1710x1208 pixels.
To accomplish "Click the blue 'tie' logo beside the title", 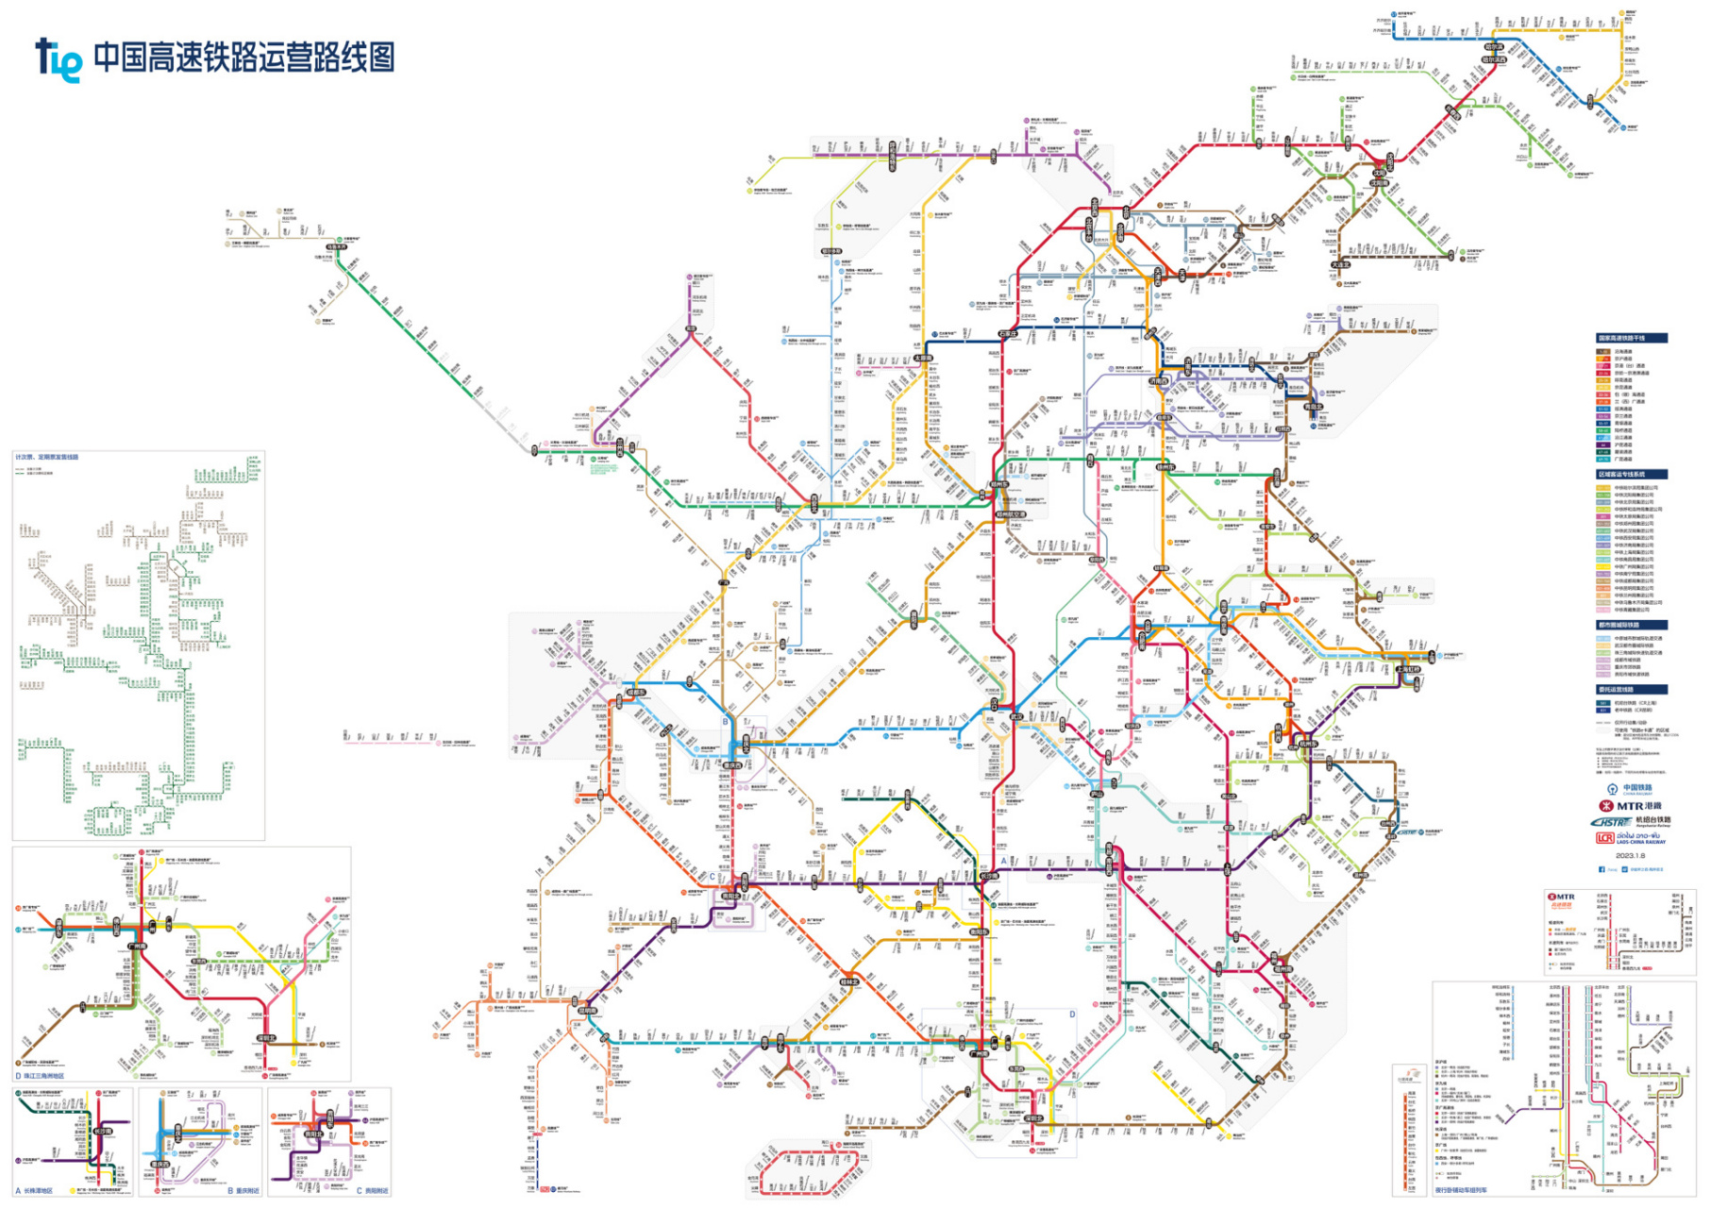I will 59,59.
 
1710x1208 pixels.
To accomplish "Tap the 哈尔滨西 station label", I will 1493,59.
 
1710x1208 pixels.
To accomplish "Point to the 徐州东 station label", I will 1166,467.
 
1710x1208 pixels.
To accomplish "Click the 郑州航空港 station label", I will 1011,515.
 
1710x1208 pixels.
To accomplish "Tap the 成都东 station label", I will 636,693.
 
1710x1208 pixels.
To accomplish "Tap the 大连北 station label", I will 1341,265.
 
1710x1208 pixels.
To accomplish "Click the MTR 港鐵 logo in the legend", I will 1630,805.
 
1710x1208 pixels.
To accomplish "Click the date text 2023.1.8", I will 1630,855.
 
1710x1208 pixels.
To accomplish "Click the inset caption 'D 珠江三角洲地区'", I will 41,1075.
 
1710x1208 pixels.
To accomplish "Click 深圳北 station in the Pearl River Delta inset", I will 267,1037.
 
